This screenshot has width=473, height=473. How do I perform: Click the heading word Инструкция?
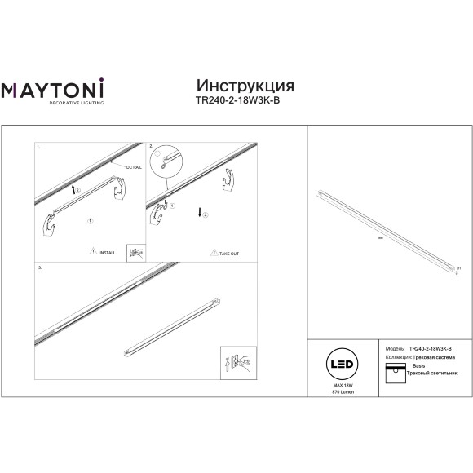tap(245, 86)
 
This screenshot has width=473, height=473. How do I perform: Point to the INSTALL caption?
tap(107, 254)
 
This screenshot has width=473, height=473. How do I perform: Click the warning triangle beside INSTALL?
tap(92, 253)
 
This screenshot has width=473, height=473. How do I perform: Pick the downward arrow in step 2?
tap(197, 214)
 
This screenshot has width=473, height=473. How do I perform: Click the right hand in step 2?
tap(232, 179)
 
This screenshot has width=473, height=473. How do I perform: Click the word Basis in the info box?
tap(418, 368)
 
